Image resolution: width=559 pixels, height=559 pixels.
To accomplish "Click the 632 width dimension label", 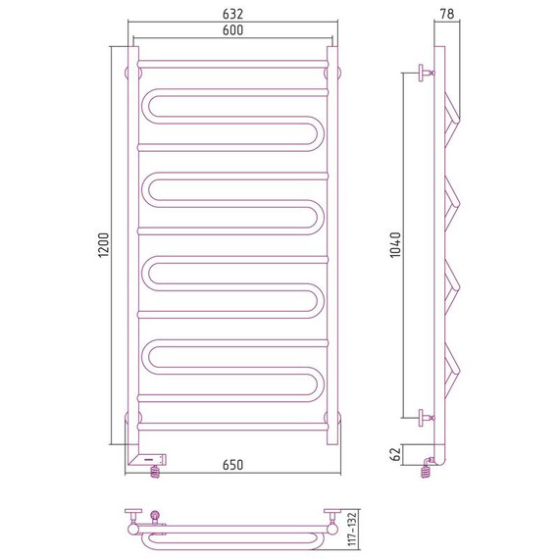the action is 232,14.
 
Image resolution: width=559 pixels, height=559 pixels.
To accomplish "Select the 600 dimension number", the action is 232,30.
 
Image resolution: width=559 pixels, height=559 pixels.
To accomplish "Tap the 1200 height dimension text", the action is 103,245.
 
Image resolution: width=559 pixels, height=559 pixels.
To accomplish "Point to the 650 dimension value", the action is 232,465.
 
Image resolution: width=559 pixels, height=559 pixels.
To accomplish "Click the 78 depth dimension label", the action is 446,14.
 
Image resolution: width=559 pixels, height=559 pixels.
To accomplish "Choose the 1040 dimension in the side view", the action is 395,244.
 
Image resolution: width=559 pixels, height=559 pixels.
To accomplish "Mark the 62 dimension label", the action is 396,454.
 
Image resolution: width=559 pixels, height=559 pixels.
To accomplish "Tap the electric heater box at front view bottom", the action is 149,459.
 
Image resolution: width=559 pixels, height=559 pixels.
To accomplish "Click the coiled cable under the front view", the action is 155,472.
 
